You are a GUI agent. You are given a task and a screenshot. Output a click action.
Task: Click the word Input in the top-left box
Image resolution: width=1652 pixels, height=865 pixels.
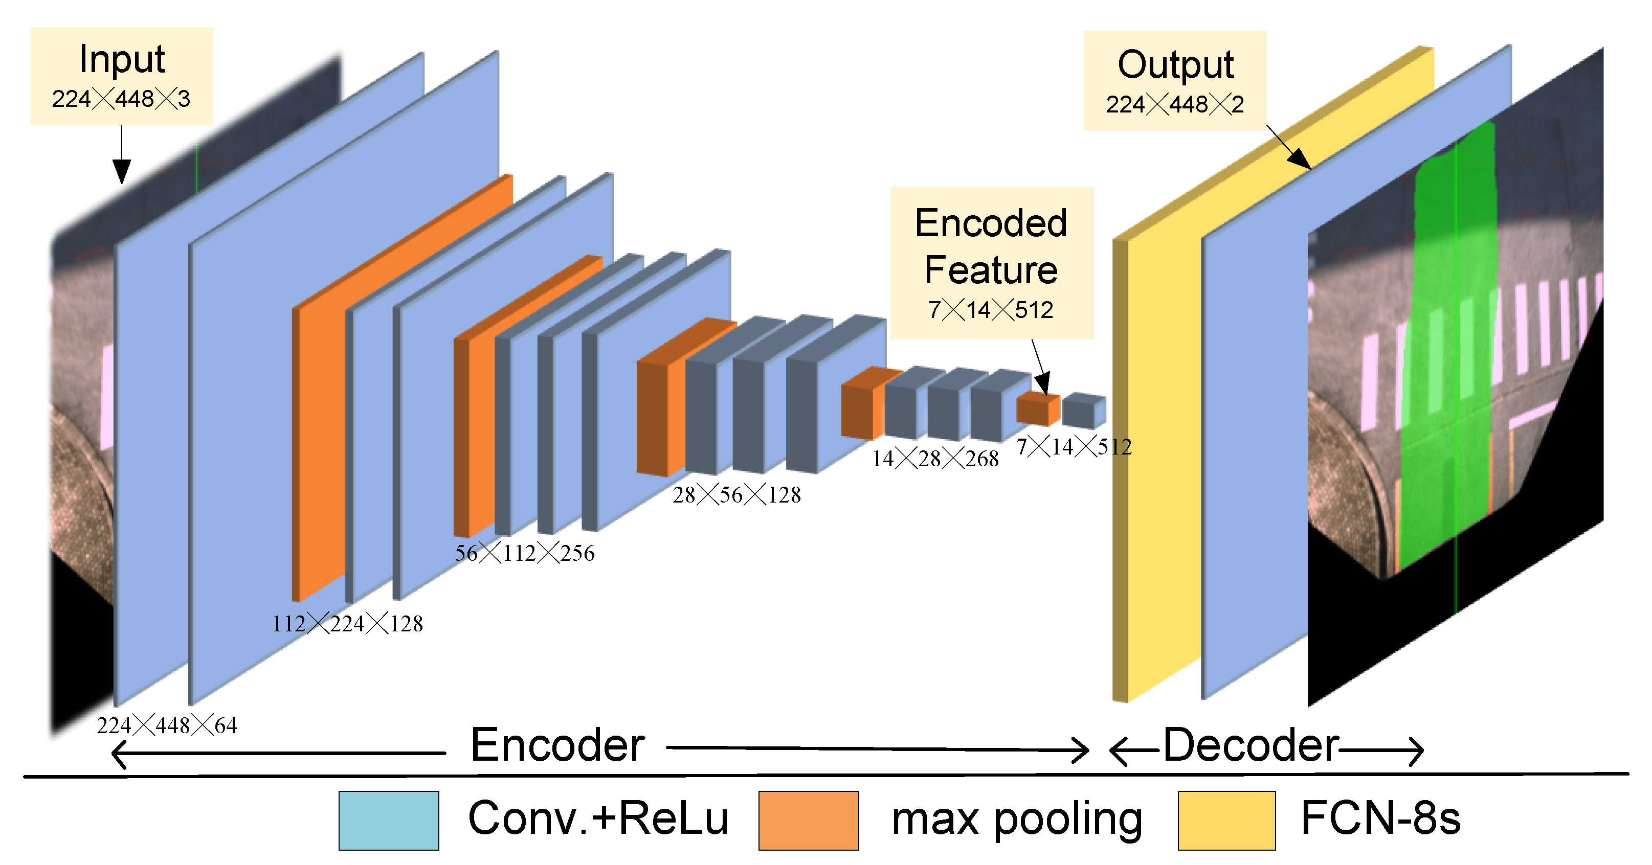click(x=122, y=60)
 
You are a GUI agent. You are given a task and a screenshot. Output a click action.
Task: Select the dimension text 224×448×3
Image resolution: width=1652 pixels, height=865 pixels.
click(x=121, y=99)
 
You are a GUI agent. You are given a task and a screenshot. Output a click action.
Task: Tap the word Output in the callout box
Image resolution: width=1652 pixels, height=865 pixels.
click(x=1175, y=65)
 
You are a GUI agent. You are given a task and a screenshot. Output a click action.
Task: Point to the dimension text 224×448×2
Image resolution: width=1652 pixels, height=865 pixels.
click(x=1175, y=104)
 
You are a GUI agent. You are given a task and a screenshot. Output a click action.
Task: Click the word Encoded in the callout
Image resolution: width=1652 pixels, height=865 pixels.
click(x=991, y=223)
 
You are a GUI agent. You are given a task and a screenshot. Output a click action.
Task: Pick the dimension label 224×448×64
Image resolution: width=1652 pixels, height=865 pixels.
click(x=167, y=725)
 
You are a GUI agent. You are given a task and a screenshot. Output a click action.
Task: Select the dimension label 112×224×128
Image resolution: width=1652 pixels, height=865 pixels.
click(x=348, y=623)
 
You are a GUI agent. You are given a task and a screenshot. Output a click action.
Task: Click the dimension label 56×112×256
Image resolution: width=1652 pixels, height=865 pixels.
click(x=525, y=553)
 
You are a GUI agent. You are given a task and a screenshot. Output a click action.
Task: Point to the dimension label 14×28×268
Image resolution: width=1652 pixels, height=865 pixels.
click(x=935, y=458)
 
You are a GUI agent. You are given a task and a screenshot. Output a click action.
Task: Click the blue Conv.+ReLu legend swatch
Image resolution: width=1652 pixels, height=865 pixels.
click(x=389, y=820)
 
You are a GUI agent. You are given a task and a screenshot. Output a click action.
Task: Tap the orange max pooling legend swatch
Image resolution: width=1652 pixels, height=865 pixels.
click(x=809, y=820)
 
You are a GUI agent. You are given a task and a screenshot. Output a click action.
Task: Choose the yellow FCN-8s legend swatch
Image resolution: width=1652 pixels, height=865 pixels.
click(x=1227, y=820)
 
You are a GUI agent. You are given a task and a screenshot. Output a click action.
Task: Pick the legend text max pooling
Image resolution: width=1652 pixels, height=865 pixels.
click(x=1017, y=820)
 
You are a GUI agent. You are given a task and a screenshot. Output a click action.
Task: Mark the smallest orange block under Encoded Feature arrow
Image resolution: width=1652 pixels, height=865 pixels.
click(x=1038, y=409)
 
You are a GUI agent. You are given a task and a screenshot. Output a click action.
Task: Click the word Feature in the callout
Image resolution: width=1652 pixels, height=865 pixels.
click(x=991, y=270)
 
